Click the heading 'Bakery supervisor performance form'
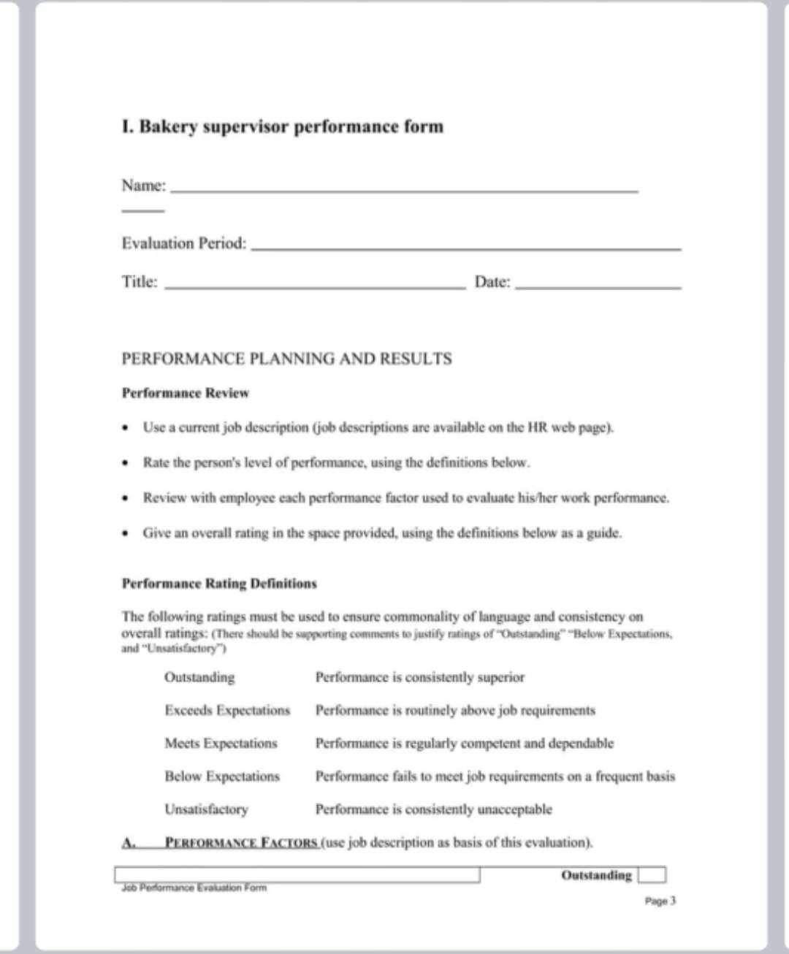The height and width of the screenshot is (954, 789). [x=283, y=126]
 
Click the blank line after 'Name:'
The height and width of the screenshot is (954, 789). [x=404, y=191]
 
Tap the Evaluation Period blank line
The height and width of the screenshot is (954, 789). [x=465, y=248]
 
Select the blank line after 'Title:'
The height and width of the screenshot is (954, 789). [x=315, y=287]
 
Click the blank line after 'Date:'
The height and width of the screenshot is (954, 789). [x=598, y=287]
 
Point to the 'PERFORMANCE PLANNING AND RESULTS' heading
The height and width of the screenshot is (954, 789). [x=286, y=359]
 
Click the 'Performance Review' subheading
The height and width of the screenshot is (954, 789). [x=185, y=393]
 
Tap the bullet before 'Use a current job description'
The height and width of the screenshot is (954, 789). [x=126, y=427]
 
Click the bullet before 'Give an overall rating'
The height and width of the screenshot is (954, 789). [x=126, y=533]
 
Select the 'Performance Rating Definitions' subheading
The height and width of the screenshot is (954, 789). [x=219, y=584]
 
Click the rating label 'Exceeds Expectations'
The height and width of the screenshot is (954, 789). [x=227, y=710]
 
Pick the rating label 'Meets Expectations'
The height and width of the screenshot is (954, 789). [x=221, y=743]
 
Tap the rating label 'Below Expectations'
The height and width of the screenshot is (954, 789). [x=222, y=776]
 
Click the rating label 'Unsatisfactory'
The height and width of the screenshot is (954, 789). [x=206, y=809]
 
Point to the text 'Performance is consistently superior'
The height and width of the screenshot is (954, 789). [x=419, y=677]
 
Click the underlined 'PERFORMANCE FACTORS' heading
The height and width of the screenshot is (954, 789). [x=241, y=842]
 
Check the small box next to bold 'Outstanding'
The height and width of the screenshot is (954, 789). [x=652, y=874]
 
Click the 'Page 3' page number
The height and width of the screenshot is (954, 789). [x=660, y=901]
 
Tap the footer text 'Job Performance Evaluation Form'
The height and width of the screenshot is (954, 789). [x=194, y=888]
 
